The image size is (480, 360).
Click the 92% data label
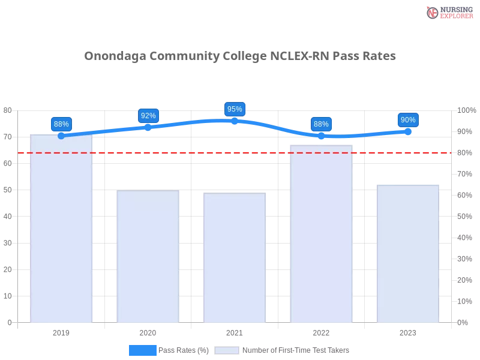148,115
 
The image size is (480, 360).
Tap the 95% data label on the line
235,109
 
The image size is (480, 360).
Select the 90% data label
408,120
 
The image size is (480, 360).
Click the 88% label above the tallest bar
61,124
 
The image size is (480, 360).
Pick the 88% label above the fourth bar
321,124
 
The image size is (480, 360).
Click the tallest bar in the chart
62,228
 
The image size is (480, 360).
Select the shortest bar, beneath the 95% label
235,258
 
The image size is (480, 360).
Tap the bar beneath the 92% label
148,256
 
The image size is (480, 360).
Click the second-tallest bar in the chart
321,234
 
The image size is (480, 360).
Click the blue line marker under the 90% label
408,131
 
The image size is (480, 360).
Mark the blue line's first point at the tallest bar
61,136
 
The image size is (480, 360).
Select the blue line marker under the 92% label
148,127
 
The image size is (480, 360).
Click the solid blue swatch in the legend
143,350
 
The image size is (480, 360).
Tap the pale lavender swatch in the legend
227,350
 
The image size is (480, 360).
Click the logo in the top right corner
448,12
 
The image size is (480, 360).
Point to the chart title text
240,56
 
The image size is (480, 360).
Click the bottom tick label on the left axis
9,322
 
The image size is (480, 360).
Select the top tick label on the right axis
466,110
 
